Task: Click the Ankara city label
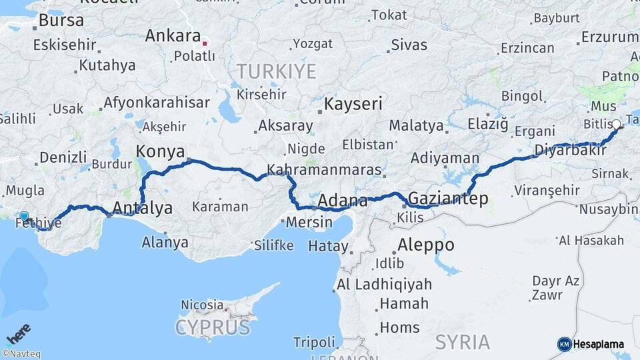pos(173,35)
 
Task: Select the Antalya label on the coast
pos(143,207)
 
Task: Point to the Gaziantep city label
pos(447,198)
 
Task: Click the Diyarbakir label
pos(571,151)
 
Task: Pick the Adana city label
pos(343,200)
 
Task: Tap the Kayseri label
pos(353,104)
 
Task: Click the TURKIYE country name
pos(276,71)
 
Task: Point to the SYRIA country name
pos(463,342)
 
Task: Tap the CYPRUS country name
pos(213,327)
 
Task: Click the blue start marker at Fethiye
pos(25,216)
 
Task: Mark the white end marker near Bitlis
pos(616,124)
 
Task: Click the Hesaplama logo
pos(591,344)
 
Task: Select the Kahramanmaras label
pos(324,169)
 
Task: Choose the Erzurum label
pos(609,37)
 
